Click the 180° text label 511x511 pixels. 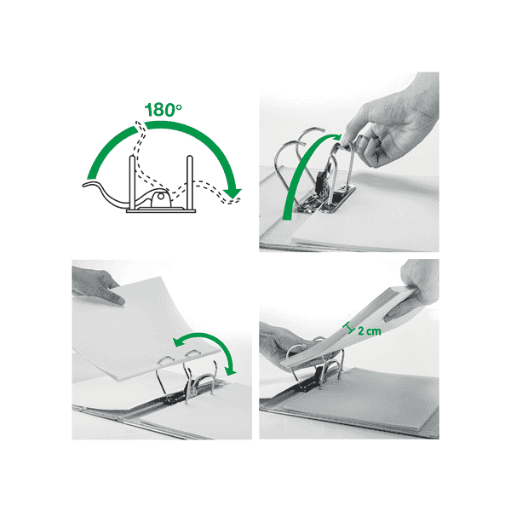[163, 110]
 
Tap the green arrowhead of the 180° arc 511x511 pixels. [233, 193]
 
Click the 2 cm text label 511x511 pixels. [370, 331]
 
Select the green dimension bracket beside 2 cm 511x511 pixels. [350, 328]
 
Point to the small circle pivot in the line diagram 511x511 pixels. [161, 197]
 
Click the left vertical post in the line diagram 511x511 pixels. [132, 182]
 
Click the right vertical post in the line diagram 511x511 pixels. [189, 182]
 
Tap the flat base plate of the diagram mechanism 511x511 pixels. [161, 211]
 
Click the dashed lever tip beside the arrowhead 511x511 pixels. [233, 201]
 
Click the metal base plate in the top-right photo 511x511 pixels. [326, 200]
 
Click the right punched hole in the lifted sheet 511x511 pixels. [192, 353]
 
